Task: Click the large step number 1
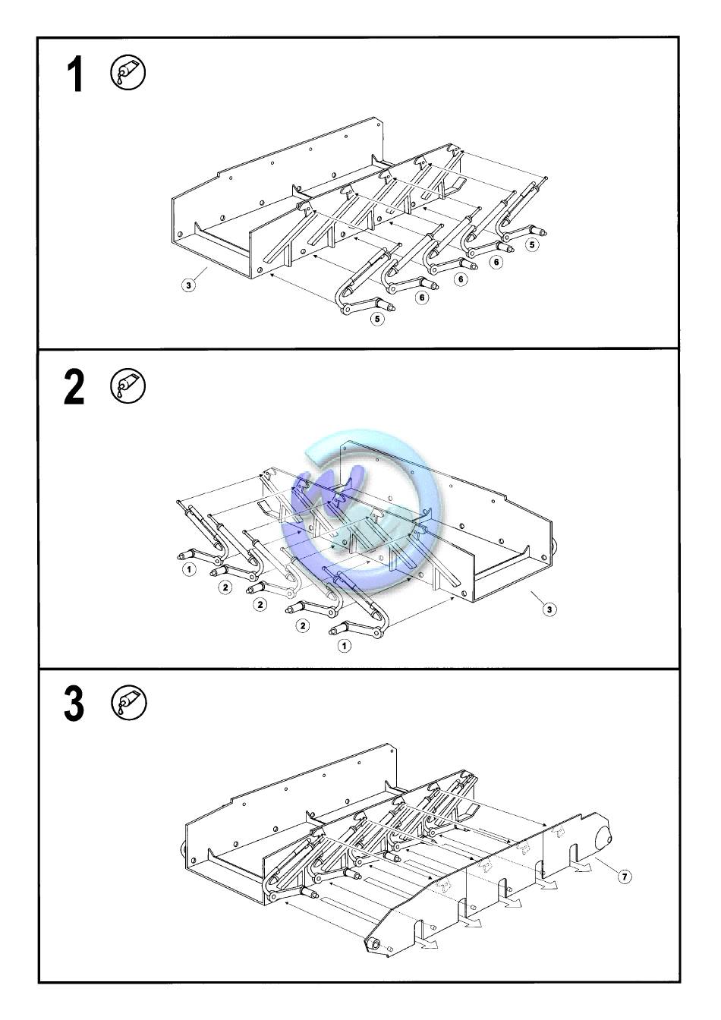point(76,74)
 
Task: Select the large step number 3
point(74,704)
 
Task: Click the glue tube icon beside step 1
point(128,72)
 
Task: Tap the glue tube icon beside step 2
point(128,386)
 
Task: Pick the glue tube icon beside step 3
point(129,703)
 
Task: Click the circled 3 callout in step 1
point(188,285)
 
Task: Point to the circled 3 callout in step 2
point(549,609)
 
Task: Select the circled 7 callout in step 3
point(625,876)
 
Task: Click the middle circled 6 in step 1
point(461,279)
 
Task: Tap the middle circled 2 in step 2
point(260,604)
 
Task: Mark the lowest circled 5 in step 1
point(377,319)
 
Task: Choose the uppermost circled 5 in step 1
point(531,244)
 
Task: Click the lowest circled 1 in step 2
point(345,645)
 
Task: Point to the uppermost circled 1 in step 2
point(189,568)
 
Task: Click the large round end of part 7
point(603,836)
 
